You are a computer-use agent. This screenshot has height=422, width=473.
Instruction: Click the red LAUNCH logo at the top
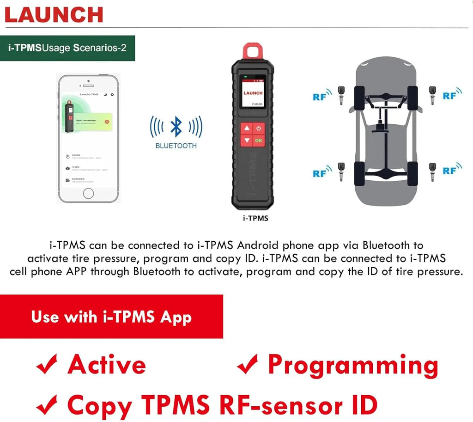pos(54,14)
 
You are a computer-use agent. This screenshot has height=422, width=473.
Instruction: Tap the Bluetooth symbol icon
pos(176,127)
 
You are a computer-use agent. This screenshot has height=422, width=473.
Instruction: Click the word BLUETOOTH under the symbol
pos(176,146)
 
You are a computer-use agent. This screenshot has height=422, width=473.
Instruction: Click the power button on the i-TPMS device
pos(259,128)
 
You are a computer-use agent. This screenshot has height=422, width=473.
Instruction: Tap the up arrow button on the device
pos(247,128)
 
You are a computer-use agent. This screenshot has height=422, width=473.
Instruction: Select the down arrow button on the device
pos(247,140)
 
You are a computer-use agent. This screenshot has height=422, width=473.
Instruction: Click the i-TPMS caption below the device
pos(255,218)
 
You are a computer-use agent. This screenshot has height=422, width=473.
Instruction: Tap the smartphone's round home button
pos(88,193)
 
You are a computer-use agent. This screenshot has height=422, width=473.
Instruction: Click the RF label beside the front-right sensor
pos(449,96)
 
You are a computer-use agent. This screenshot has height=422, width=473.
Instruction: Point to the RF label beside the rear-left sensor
pos(320,174)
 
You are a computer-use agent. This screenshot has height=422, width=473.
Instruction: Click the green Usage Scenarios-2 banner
pos(67,48)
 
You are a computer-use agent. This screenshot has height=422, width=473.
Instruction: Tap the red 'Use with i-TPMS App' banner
pos(111,317)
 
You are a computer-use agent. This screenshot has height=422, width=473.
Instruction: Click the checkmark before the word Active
pos(47,365)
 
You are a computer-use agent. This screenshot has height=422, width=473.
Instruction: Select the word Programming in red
pos(353,365)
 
